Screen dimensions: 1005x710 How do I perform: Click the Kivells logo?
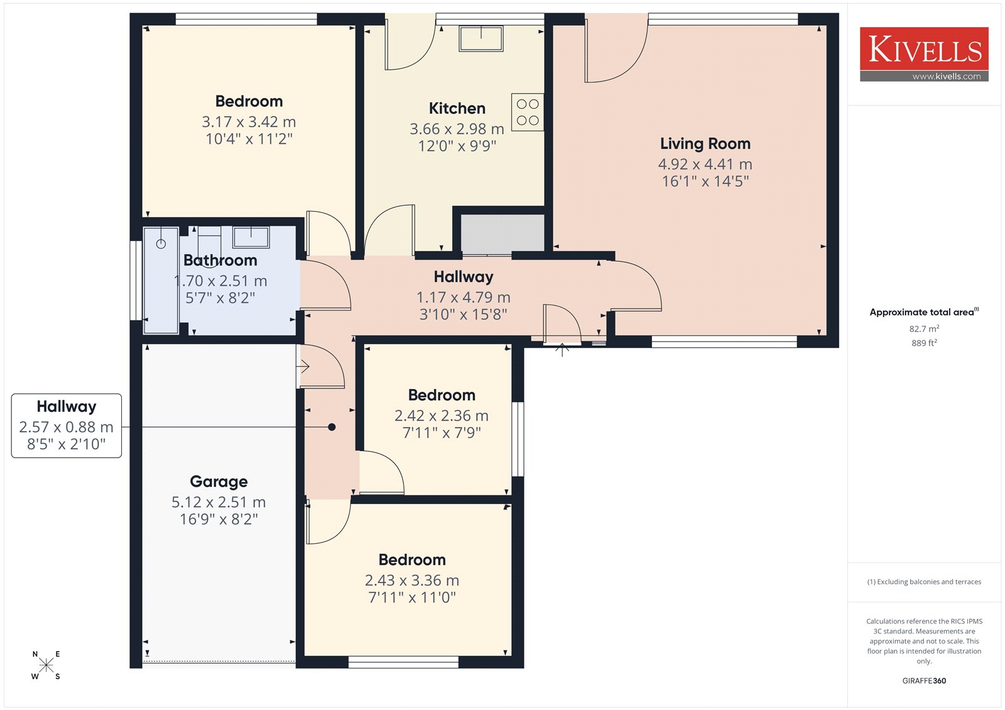924,54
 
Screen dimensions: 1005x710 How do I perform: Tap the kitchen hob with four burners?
528,112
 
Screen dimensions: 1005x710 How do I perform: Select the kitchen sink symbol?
481,38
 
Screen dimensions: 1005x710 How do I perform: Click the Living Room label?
705,144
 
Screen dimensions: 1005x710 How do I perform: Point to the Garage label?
219,481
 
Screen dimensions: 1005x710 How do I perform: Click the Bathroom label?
220,260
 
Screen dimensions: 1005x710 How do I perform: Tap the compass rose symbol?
46,664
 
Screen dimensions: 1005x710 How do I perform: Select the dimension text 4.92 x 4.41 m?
705,164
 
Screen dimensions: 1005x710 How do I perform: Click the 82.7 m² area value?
924,329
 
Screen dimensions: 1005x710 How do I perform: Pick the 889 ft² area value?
924,343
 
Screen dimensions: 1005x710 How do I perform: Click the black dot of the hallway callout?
332,427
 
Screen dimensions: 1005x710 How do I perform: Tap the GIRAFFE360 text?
924,680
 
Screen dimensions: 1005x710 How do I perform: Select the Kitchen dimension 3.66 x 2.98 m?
457,129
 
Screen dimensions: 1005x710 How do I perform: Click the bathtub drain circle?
161,244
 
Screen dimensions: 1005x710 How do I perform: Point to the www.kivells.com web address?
946,76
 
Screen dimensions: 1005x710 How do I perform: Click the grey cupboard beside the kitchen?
503,234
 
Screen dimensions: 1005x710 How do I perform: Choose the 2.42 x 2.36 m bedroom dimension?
442,416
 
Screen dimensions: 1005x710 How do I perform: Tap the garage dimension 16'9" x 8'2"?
219,519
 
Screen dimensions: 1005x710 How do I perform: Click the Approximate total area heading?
924,312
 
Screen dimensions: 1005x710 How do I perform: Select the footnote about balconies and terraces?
924,582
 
